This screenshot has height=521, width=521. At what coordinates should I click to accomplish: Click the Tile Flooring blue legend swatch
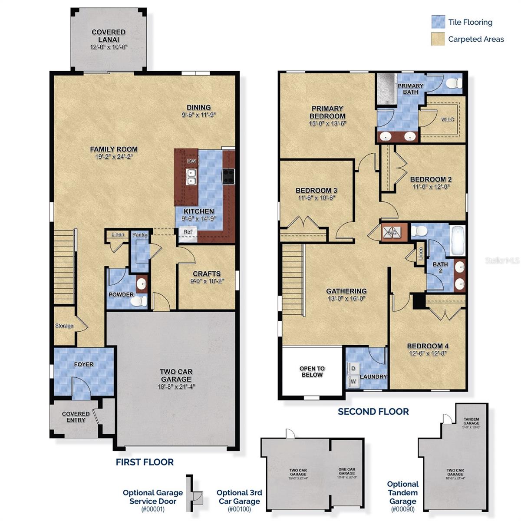point(438,22)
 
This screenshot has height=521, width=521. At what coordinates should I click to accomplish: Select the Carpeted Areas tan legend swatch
point(438,39)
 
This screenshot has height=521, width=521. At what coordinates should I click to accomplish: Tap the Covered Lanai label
point(109,36)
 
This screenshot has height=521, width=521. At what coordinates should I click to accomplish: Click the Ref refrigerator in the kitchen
point(188,232)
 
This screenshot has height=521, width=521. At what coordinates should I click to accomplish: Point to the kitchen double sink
point(191,177)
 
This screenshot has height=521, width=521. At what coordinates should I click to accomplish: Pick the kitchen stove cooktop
point(228,176)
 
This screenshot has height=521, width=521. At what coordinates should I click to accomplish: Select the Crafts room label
point(207,274)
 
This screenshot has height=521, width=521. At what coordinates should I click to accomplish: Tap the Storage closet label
point(64,326)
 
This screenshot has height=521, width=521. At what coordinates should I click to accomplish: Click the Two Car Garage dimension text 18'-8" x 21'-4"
point(176,386)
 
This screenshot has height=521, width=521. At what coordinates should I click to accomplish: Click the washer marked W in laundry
point(353,381)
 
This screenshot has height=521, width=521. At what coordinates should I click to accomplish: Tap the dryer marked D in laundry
point(353,368)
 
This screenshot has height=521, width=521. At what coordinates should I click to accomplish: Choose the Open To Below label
point(312,372)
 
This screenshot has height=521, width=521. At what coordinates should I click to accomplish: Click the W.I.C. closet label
point(448,119)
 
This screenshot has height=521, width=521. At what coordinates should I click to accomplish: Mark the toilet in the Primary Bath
point(454,84)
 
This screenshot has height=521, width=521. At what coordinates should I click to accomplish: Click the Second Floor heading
point(373,412)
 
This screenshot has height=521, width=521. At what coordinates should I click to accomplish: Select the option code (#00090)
point(402,509)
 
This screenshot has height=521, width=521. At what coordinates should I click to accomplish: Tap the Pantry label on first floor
point(140,235)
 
